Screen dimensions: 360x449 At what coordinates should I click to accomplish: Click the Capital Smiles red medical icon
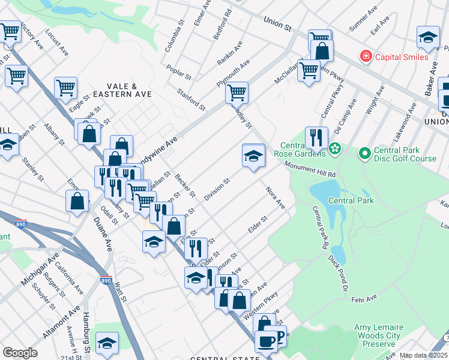pos(365,57)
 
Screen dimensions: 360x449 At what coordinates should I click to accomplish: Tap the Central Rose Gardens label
pos(303,151)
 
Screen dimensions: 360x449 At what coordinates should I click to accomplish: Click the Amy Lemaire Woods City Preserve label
pos(379,335)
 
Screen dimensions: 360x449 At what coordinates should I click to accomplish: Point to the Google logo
pos(19,353)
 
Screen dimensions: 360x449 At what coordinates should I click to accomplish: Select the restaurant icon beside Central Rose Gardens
pos(315,137)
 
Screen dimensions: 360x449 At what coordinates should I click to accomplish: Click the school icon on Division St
pos(253,156)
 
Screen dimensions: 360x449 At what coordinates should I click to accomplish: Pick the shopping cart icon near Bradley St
pos(237,92)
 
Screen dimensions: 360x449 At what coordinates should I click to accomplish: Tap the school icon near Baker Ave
pos(428,37)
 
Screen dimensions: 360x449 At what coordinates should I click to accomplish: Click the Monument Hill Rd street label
pos(310,169)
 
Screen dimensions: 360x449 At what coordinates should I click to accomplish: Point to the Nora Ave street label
pos(276,197)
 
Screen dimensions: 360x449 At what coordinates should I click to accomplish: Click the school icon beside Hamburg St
pos(106,343)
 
